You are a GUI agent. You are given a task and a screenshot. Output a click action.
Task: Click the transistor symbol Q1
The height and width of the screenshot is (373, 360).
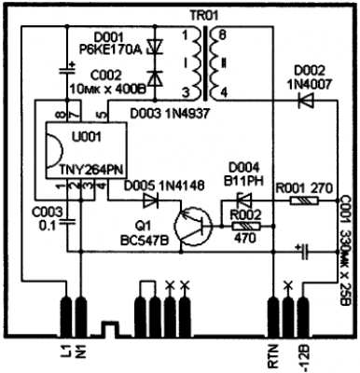click(x=193, y=227)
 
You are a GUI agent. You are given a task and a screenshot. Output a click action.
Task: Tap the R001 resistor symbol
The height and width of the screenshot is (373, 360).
click(x=304, y=201)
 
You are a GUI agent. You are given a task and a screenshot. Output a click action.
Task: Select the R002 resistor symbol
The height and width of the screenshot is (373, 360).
click(x=246, y=227)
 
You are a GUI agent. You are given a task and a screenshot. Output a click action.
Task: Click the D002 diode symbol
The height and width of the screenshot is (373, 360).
click(x=306, y=100)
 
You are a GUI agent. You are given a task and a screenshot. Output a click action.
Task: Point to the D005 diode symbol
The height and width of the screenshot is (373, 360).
click(x=151, y=200)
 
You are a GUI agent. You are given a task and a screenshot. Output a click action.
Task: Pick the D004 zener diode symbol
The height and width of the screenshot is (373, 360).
click(x=244, y=200)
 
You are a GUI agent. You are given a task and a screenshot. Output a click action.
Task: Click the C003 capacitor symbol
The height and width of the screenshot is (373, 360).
click(x=67, y=222)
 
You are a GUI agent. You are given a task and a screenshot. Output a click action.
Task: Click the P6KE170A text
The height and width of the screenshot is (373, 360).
click(x=111, y=49)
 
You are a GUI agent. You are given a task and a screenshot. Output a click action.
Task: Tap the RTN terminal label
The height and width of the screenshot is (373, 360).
click(x=273, y=356)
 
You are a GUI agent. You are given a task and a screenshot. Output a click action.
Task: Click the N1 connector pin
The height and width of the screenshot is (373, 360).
click(x=81, y=317)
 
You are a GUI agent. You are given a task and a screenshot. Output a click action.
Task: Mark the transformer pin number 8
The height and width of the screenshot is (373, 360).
click(x=222, y=35)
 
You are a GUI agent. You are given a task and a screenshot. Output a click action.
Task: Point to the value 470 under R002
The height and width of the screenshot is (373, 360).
click(x=245, y=239)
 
